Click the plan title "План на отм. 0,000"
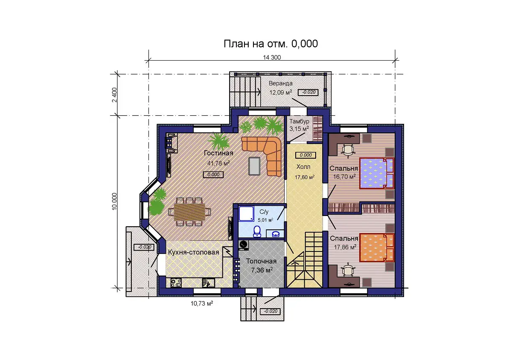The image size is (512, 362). (271, 44)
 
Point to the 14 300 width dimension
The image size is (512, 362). (272, 57)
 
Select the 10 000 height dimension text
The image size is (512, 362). (114, 201)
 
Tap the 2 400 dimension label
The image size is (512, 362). (114, 95)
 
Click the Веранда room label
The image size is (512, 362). (280, 83)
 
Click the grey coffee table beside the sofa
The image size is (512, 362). (254, 166)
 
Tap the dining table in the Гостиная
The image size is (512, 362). (189, 212)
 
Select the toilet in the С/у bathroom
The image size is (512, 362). (257, 231)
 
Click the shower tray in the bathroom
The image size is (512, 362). (247, 214)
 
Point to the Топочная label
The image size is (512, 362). (261, 261)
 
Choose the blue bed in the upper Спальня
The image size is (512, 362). (377, 173)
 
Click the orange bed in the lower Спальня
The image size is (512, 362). (377, 248)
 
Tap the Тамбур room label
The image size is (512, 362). (299, 121)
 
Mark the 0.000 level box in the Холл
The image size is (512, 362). (305, 155)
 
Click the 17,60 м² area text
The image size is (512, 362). (305, 177)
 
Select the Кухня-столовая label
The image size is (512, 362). (193, 252)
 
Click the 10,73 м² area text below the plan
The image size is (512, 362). (202, 304)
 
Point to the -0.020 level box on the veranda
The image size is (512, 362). (308, 92)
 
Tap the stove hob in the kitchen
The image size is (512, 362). (176, 283)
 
